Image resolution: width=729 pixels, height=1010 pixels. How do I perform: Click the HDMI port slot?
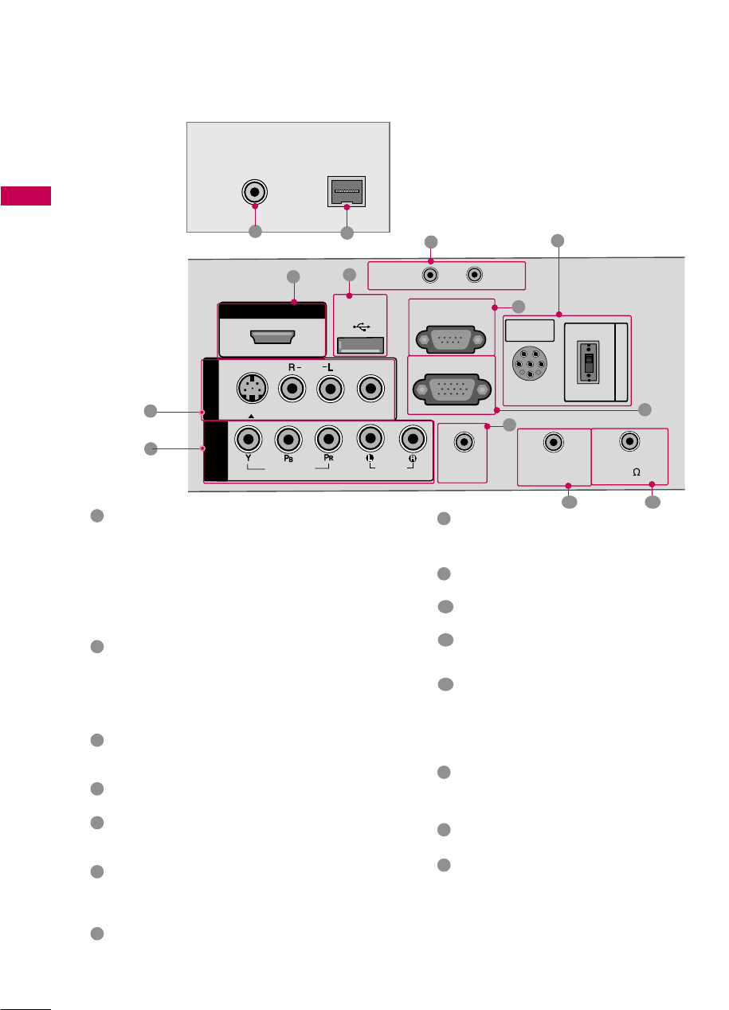272,337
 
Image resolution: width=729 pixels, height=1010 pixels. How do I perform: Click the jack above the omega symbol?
630,440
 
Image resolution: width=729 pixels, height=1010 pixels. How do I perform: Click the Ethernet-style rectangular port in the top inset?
346,191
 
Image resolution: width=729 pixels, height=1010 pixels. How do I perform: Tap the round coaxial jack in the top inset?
254,193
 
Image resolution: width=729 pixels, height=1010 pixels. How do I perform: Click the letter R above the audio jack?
292,368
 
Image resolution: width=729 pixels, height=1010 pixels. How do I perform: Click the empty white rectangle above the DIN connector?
530,331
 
